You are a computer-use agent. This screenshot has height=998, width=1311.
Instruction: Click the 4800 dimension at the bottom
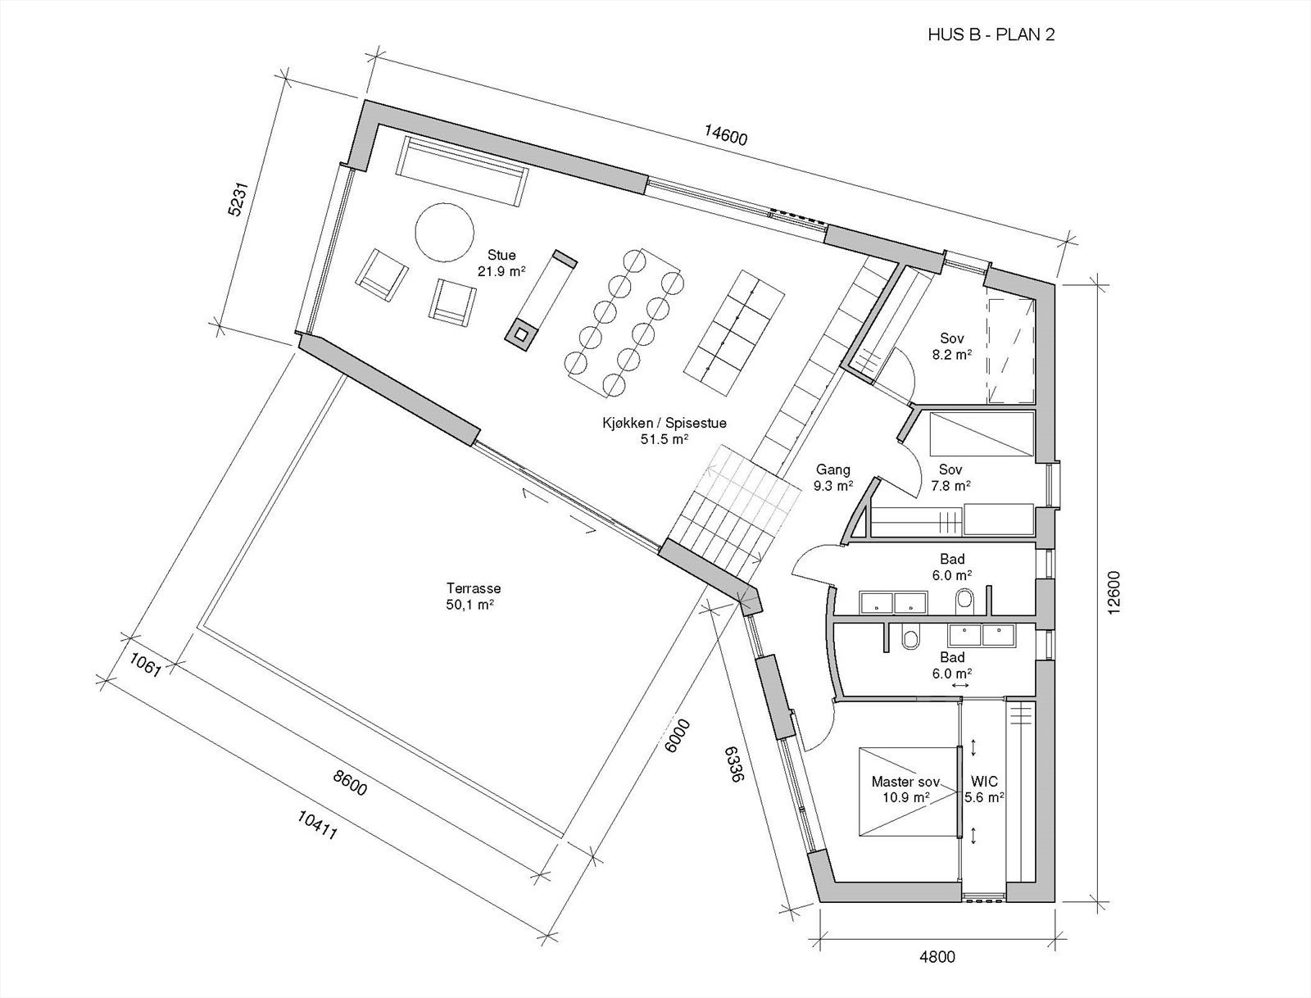click(x=937, y=956)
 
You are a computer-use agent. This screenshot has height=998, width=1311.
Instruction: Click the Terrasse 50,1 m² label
click(x=474, y=597)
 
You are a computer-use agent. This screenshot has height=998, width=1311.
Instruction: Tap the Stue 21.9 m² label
click(x=501, y=262)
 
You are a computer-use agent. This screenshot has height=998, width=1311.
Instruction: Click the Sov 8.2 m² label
click(x=951, y=347)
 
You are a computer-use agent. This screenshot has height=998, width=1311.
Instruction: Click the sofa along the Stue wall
click(x=460, y=170)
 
